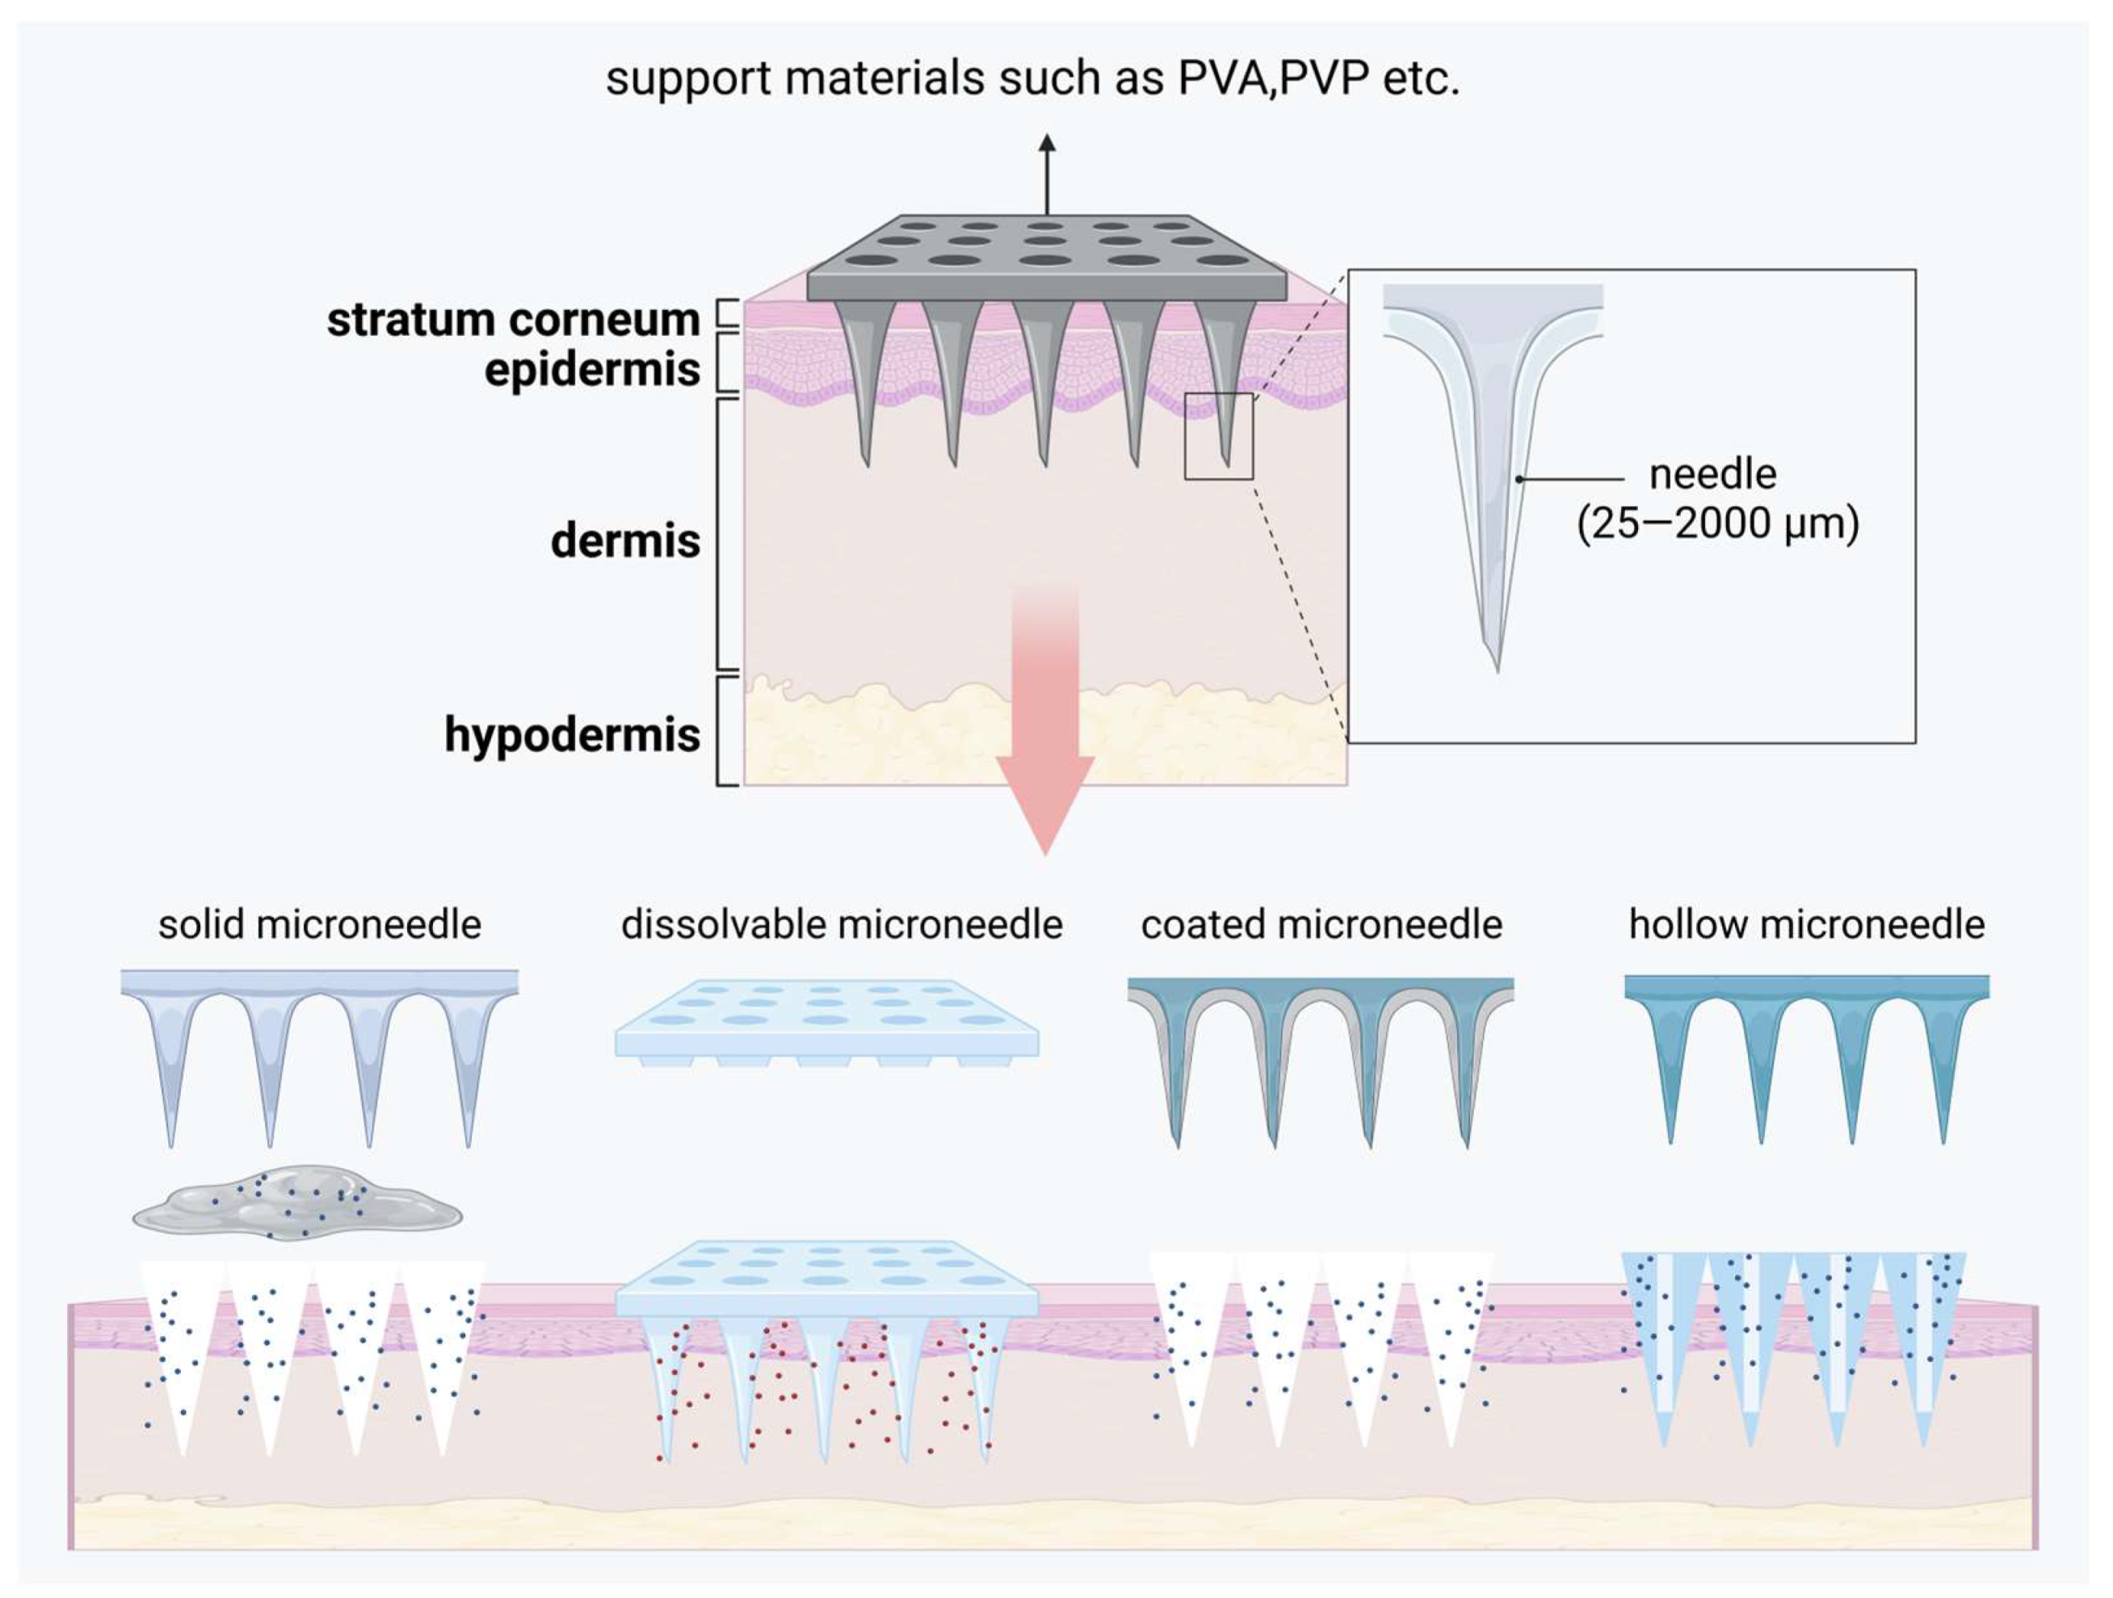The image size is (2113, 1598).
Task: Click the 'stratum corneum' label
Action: pyautogui.click(x=513, y=319)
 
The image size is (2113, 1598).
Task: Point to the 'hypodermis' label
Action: pyautogui.click(x=571, y=734)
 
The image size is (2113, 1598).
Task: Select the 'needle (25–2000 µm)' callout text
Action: pyautogui.click(x=1716, y=498)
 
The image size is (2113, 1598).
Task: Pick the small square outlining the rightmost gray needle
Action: pyautogui.click(x=1218, y=435)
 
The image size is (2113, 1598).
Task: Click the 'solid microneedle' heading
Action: pyautogui.click(x=319, y=924)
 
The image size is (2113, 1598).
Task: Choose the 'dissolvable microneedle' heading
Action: pyautogui.click(x=842, y=924)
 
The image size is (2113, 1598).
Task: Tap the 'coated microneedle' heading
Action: pyautogui.click(x=1321, y=924)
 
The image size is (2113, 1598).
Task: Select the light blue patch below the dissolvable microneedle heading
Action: pyautogui.click(x=826, y=1020)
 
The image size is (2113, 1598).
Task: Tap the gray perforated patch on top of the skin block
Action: pyautogui.click(x=1046, y=258)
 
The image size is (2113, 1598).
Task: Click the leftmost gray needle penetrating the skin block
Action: pyautogui.click(x=864, y=382)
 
